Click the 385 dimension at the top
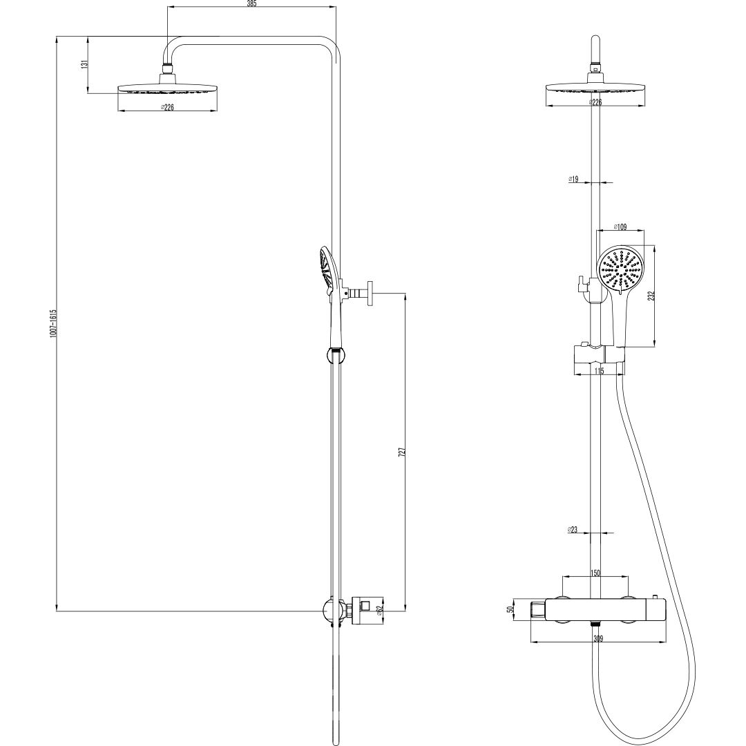(251, 4)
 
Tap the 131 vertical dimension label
(84, 64)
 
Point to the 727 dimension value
(401, 452)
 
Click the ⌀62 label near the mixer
(379, 611)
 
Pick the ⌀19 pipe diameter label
(573, 180)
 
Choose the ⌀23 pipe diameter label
(573, 530)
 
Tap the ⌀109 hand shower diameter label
(620, 227)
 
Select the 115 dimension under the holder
(599, 371)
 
